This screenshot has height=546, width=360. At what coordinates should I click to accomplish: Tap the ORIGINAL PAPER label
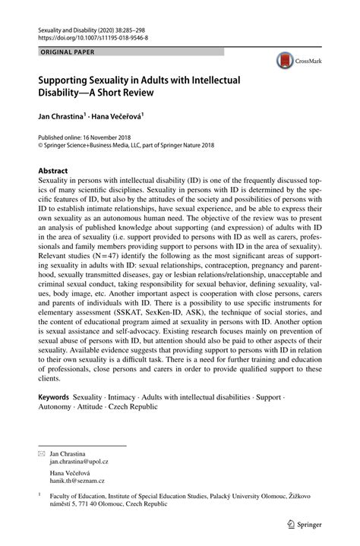pos(60,52)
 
